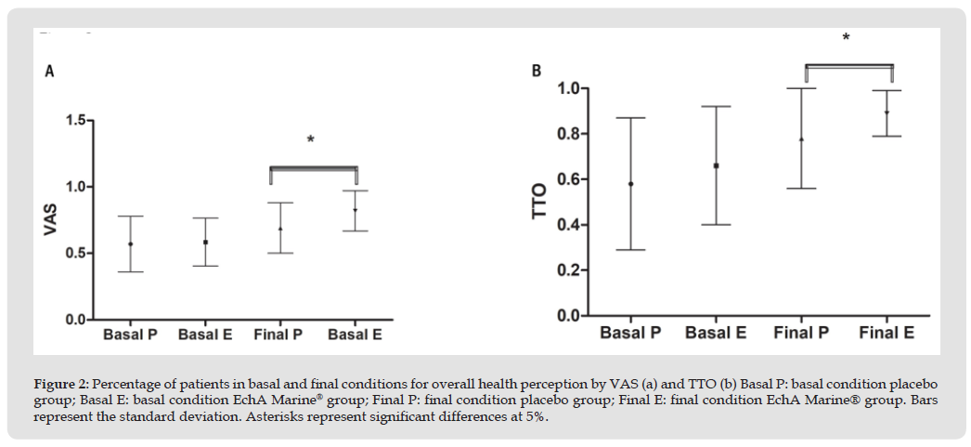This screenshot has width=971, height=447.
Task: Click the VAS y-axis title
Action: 51,219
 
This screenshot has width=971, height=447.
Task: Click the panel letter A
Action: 49,72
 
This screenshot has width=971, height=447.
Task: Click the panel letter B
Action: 537,71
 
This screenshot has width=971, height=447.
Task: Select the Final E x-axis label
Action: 887,333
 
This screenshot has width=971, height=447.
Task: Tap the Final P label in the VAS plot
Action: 278,334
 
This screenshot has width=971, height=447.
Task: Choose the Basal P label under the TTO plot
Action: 630,333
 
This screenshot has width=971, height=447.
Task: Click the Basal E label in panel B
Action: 716,333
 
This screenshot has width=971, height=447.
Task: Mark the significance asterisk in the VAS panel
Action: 311,140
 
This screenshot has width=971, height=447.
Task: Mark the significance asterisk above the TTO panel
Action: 846,38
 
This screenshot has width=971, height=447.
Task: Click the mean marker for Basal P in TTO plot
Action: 630,184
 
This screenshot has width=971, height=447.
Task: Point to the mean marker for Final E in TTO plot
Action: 887,112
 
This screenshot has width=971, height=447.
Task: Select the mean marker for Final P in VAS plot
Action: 280,229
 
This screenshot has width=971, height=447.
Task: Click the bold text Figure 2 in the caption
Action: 60,383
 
